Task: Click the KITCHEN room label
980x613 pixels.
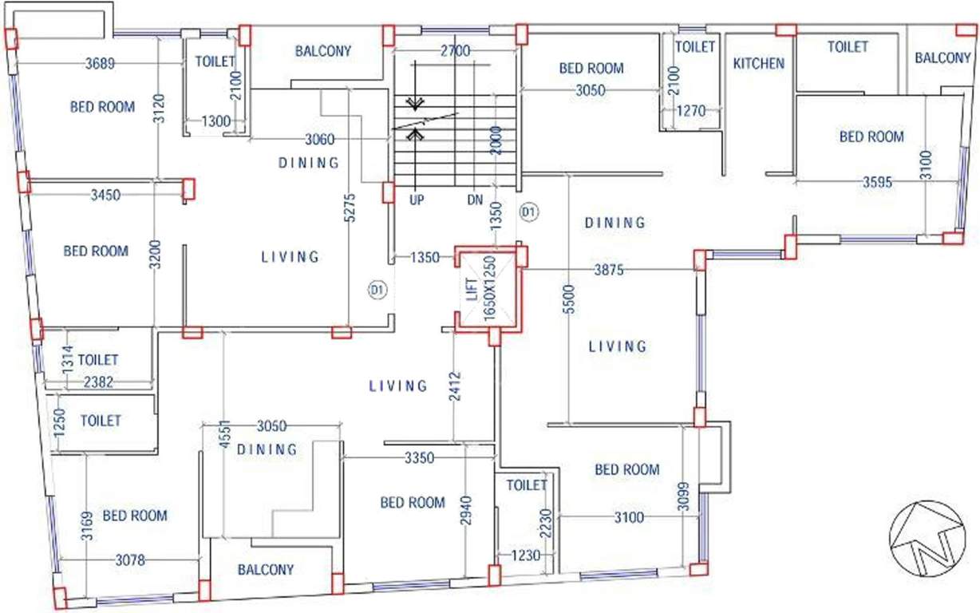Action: click(x=759, y=63)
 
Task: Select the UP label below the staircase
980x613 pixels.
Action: click(x=417, y=200)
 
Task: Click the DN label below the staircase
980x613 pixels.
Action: click(x=476, y=200)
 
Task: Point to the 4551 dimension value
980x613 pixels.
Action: click(x=225, y=437)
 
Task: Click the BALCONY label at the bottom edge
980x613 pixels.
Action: click(x=266, y=570)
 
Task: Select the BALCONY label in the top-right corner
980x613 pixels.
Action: click(x=942, y=57)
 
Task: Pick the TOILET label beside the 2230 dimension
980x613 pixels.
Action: click(x=527, y=484)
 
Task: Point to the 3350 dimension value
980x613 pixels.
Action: click(x=419, y=458)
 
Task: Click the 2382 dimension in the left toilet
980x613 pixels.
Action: click(x=99, y=382)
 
